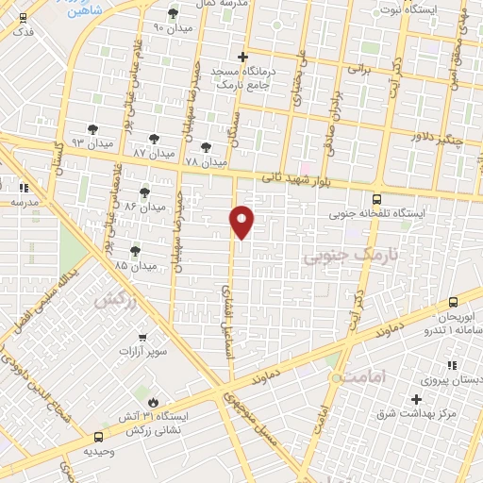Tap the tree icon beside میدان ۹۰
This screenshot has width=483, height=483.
click(173, 13)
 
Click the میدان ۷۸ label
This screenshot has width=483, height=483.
click(206, 162)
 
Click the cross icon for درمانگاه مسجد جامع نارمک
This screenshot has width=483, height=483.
click(243, 58)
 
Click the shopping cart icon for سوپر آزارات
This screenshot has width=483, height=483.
click(142, 337)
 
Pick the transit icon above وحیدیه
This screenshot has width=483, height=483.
click(98, 435)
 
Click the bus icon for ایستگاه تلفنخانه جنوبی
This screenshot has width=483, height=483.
click(377, 199)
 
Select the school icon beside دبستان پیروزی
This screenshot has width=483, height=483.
click(452, 365)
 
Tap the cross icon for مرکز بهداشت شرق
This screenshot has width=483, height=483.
click(415, 399)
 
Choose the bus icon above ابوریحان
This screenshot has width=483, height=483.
click(454, 302)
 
